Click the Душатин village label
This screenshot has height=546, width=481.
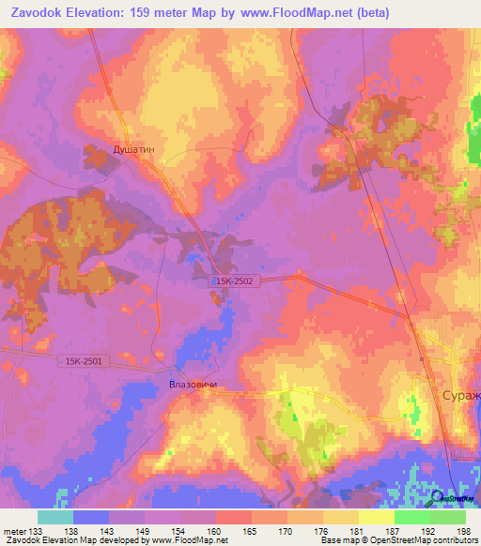(107, 149)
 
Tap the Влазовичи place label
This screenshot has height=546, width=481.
(193, 385)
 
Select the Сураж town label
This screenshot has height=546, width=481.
(459, 397)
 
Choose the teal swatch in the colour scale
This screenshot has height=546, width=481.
(55, 517)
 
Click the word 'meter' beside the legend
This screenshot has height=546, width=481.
(13, 530)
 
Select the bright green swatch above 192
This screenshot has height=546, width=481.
(411, 517)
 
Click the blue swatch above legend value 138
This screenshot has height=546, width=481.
(91, 517)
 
